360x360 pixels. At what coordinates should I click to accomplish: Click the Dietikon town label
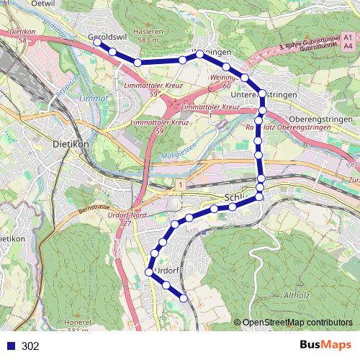(x=71, y=143)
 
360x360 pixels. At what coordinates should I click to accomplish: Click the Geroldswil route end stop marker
(x=97, y=42)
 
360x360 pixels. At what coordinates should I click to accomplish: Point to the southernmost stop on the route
(x=184, y=297)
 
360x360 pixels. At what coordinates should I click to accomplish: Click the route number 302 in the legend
(x=30, y=346)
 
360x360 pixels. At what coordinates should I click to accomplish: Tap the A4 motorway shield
(x=348, y=46)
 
